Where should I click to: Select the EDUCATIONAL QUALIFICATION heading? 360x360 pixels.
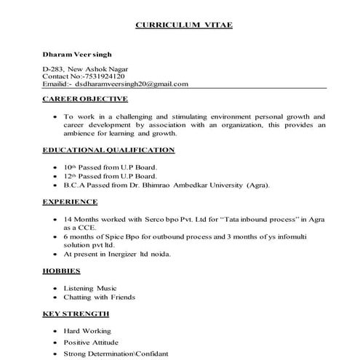coord(109,150)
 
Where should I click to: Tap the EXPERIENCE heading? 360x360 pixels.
coord(71,201)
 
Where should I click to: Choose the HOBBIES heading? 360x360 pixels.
coord(63,271)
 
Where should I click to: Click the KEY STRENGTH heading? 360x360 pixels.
coord(76,313)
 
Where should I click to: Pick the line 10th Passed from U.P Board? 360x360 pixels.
coord(111,167)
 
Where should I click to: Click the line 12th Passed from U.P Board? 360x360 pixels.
coord(111,176)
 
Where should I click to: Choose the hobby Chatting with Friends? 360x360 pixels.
coord(100,297)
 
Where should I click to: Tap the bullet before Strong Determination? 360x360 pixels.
coord(56,353)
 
